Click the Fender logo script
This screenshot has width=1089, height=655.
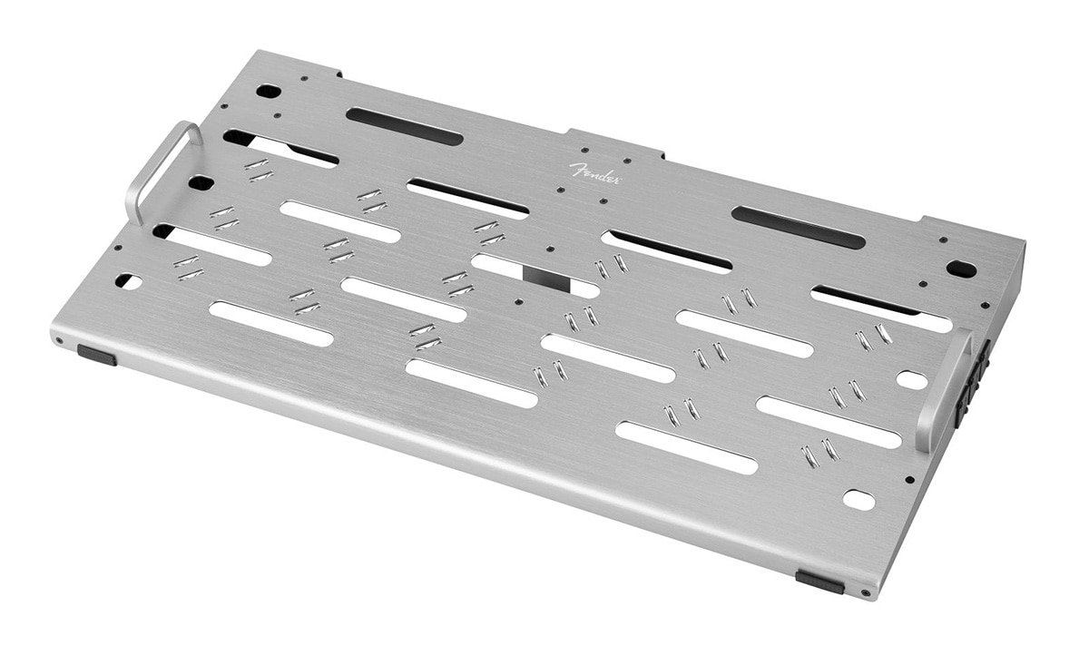tap(594, 173)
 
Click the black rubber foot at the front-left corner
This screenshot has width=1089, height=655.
tap(97, 355)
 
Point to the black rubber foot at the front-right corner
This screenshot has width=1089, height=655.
tap(819, 582)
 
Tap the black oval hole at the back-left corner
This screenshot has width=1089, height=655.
tap(266, 91)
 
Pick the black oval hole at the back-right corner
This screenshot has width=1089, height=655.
tap(961, 269)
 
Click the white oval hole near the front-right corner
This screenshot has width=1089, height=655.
tap(859, 500)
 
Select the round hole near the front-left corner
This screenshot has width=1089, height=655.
tap(129, 281)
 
